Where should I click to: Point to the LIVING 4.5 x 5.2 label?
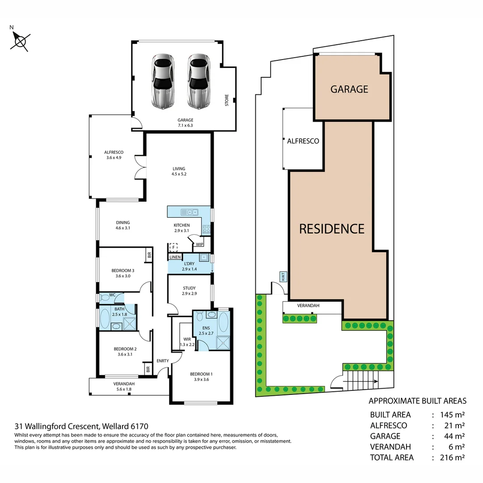tap(179, 171)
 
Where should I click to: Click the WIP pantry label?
tap(199, 244)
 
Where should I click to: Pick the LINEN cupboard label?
tap(175, 257)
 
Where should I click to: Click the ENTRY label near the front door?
tap(162, 361)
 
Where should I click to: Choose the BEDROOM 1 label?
tap(201, 377)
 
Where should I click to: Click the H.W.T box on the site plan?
tap(283, 277)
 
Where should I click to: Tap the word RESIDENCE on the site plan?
tap(331, 229)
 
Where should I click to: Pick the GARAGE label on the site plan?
tap(349, 89)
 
